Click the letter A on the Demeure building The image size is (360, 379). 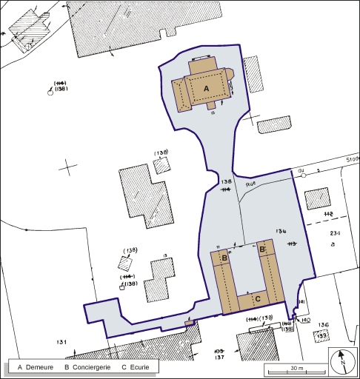pyautogui.click(x=207, y=87)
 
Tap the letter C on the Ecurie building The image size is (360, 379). pyautogui.click(x=257, y=299)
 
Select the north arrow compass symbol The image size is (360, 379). pyautogui.click(x=341, y=362)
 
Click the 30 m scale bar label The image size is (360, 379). pyautogui.click(x=296, y=368)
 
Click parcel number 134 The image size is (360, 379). pyautogui.click(x=281, y=232)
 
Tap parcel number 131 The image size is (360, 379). pyautogui.click(x=61, y=341)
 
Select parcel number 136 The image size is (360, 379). pyautogui.click(x=323, y=325)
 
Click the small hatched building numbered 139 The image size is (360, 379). pyautogui.click(x=321, y=336)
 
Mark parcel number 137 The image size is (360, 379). pyautogui.click(x=219, y=358)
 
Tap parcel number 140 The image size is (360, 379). pyautogui.click(x=306, y=320)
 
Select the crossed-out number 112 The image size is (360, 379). pyautogui.click(x=329, y=214)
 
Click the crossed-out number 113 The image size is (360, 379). pyautogui.click(x=291, y=244)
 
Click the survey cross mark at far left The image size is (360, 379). pyautogui.click(x=68, y=166)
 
